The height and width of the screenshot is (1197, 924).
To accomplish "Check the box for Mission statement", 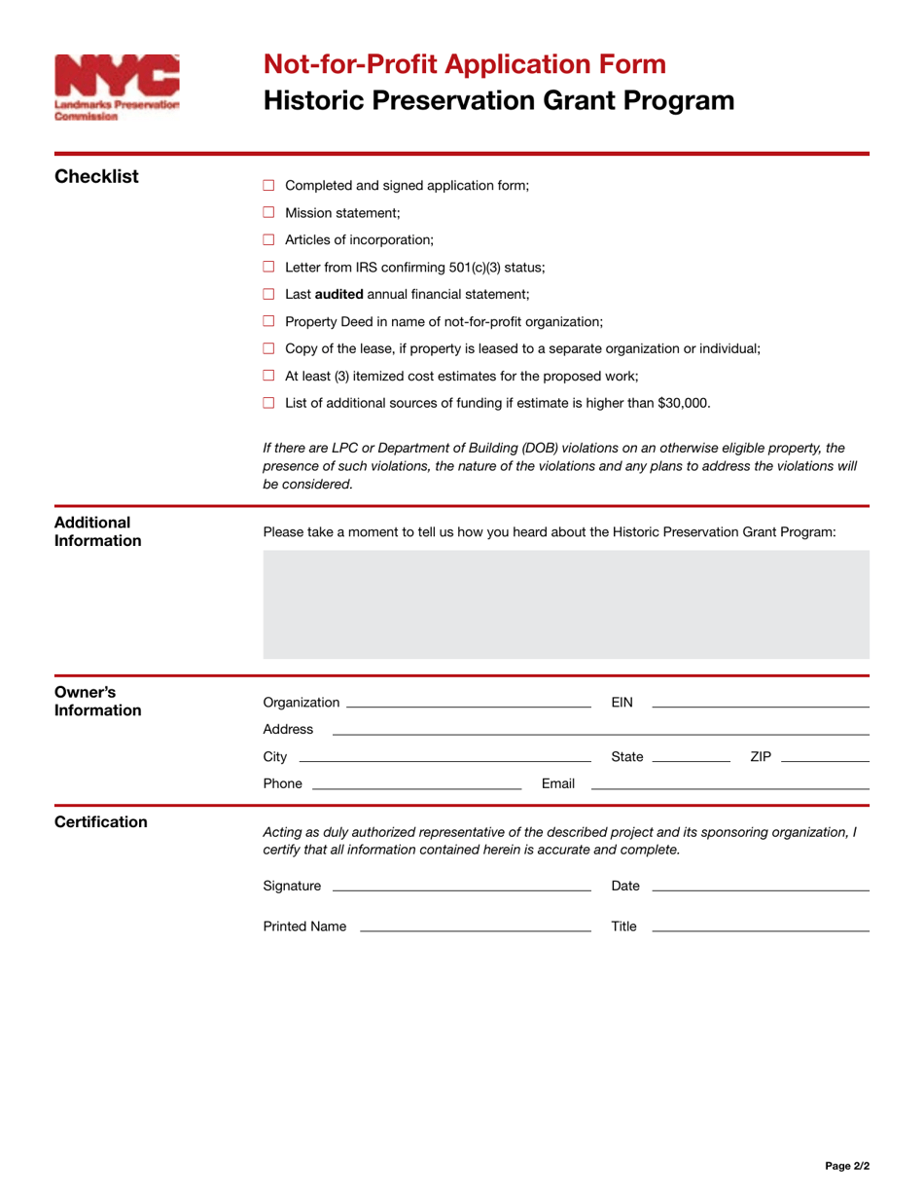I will coord(269,212).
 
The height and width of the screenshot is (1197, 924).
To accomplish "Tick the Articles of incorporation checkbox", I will coord(269,239).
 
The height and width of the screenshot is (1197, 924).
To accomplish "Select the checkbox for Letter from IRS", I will coord(269,267).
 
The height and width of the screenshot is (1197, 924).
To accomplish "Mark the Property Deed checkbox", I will coord(269,321).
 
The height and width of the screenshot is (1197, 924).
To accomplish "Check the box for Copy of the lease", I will coord(269,348).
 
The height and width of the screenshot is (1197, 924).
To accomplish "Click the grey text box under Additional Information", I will coord(566,604).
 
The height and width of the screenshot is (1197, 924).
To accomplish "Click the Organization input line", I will coord(468,704).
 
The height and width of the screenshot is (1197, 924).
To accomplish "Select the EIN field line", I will coord(760,704).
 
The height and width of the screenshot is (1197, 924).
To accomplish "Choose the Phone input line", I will coord(416,785).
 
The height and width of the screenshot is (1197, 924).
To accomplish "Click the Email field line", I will coord(729,785).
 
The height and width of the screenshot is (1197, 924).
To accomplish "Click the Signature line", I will coord(461,888).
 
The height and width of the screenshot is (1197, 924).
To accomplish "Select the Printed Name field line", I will coord(475,928).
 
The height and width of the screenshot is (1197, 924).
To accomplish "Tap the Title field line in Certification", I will coord(760,928).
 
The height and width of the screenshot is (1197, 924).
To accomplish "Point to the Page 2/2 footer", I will coord(847,1165).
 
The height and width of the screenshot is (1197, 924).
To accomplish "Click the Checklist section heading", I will coord(96,177).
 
